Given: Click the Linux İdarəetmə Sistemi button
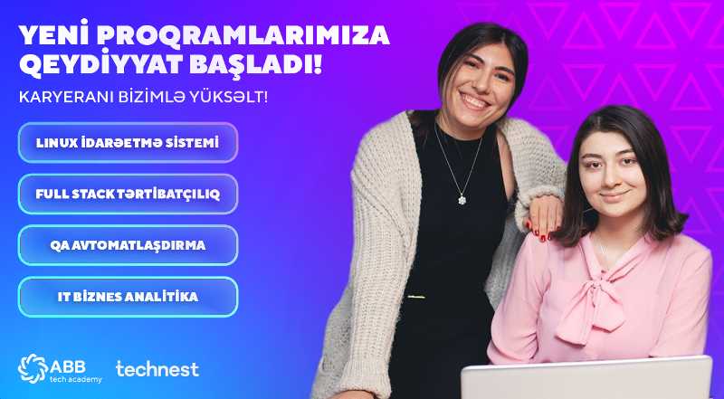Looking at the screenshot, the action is pyautogui.click(x=128, y=143).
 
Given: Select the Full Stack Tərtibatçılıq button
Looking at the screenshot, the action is pyautogui.click(x=128, y=194).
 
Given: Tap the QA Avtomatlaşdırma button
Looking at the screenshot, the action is pyautogui.click(x=128, y=245).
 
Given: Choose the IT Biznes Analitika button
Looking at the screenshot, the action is pyautogui.click(x=128, y=297).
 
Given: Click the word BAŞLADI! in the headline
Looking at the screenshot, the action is pyautogui.click(x=256, y=63).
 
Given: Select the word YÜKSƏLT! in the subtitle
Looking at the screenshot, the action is pyautogui.click(x=233, y=97).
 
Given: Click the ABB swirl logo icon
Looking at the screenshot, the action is pyautogui.click(x=33, y=368).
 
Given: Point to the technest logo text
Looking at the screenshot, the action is pyautogui.click(x=157, y=369).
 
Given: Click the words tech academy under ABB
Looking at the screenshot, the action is pyautogui.click(x=76, y=380).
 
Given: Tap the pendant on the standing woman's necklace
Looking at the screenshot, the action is pyautogui.click(x=462, y=199).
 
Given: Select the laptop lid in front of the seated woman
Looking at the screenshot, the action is pyautogui.click(x=586, y=378).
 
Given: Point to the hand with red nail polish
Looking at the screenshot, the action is pyautogui.click(x=543, y=218).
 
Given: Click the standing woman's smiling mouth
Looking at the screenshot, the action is pyautogui.click(x=473, y=101).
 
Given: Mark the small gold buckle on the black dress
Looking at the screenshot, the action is pyautogui.click(x=416, y=297).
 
